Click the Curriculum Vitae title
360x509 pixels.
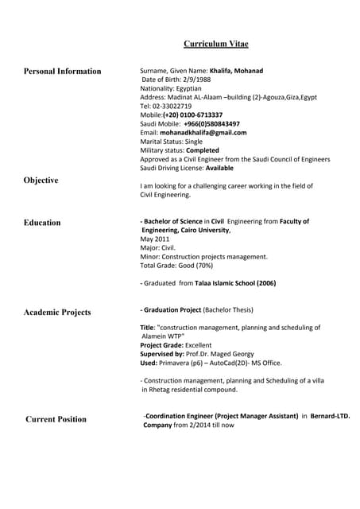coord(216,44)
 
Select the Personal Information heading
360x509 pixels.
coord(63,72)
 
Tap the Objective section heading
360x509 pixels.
coord(41,181)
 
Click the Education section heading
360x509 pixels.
coord(42,223)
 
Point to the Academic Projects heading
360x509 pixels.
coord(57,313)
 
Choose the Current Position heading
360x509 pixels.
coord(56,419)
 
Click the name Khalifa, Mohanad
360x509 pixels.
coord(237,71)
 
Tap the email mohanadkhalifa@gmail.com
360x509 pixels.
coord(203,133)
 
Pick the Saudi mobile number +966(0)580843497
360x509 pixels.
coord(211,124)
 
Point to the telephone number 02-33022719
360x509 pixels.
coord(172,106)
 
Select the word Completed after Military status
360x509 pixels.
coord(203,150)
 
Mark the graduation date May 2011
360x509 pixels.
coord(155,239)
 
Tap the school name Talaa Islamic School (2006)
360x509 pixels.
coord(236,283)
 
